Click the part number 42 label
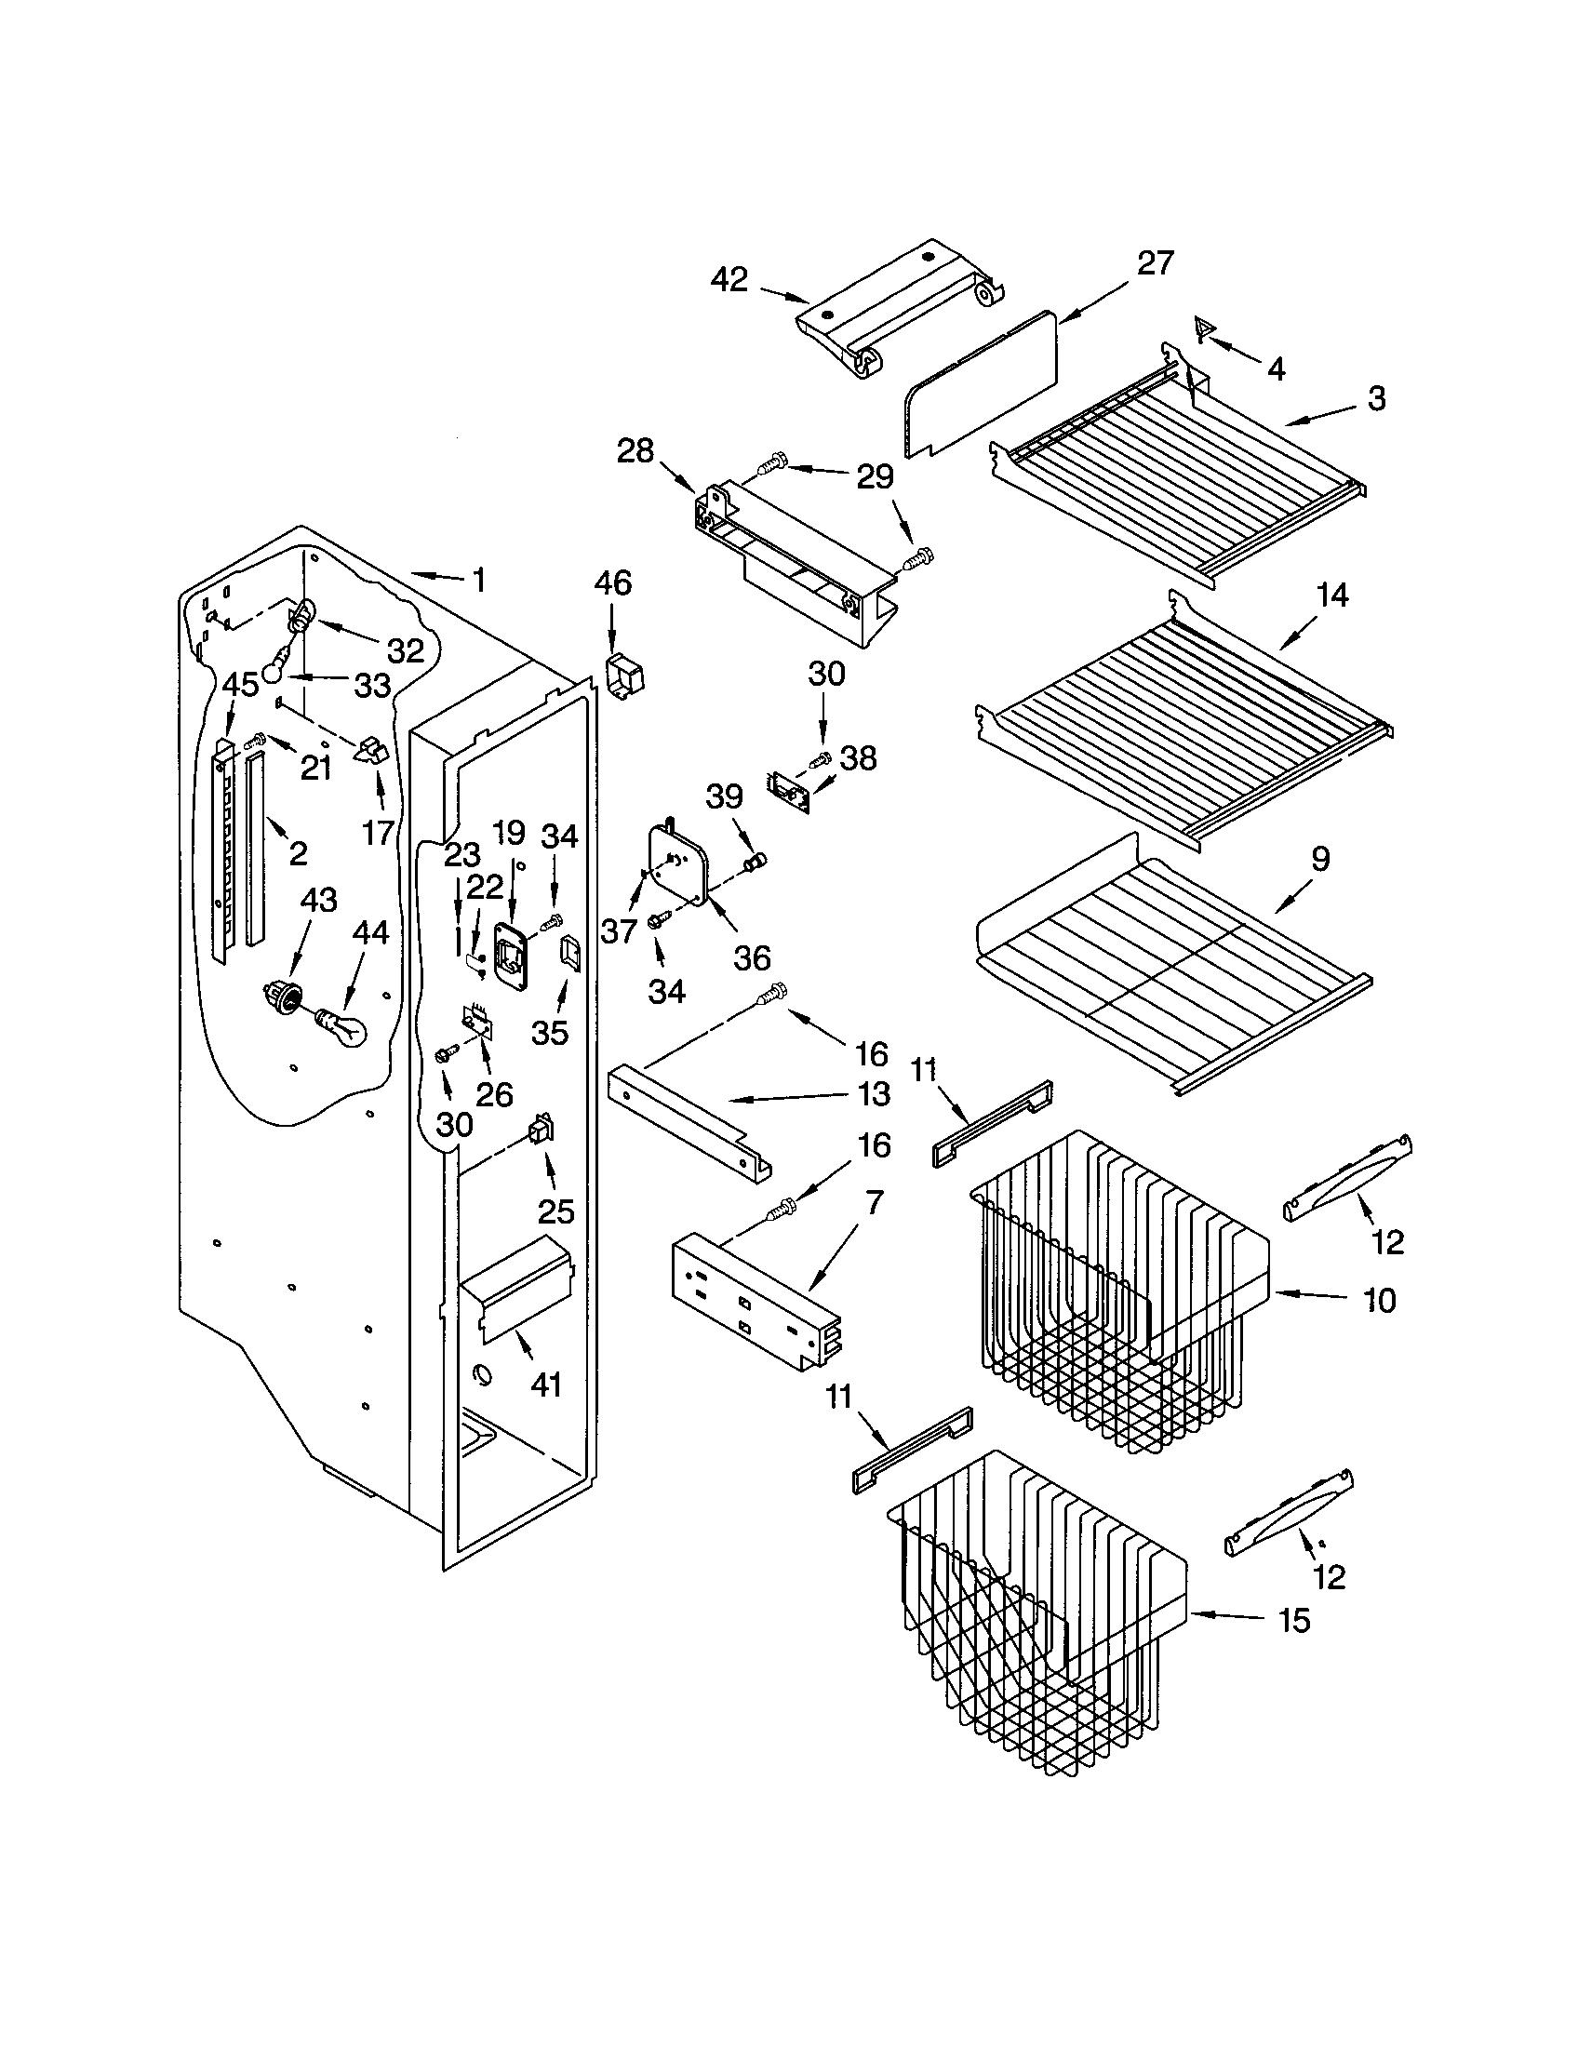[x=729, y=279]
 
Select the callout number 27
[x=1155, y=263]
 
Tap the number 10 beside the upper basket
[x=1378, y=1300]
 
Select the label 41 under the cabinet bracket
[x=545, y=1384]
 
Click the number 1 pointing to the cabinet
[x=479, y=581]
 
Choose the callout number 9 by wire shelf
[x=1319, y=859]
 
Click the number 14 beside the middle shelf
[x=1331, y=595]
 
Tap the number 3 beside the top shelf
[x=1375, y=398]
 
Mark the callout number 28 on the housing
[x=635, y=451]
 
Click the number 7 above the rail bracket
[x=874, y=1202]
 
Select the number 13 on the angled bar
[x=870, y=1094]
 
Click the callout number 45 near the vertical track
[x=240, y=684]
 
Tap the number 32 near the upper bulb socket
[x=405, y=649]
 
